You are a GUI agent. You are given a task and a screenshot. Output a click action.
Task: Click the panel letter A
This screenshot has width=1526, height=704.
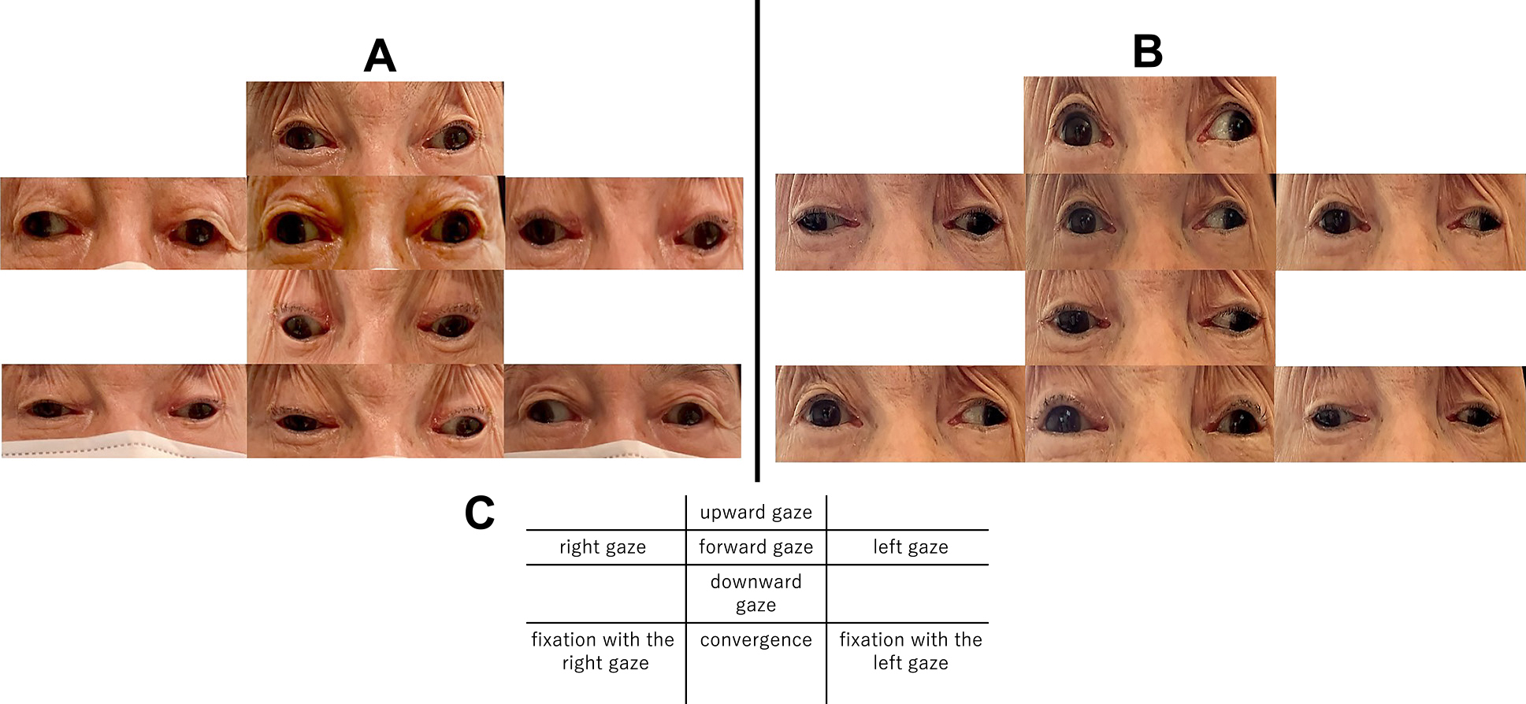pyautogui.click(x=380, y=56)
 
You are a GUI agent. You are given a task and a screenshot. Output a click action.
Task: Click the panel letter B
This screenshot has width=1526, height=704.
pyautogui.click(x=1147, y=51)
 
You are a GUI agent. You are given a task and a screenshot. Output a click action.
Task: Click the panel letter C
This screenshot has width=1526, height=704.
pyautogui.click(x=480, y=513)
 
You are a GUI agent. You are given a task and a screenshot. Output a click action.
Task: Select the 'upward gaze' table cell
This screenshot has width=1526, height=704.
pyautogui.click(x=756, y=513)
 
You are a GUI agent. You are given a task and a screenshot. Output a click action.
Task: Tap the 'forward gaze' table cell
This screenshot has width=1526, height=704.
pyautogui.click(x=756, y=547)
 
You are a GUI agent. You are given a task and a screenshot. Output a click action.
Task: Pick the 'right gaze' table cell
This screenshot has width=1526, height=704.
pyautogui.click(x=603, y=547)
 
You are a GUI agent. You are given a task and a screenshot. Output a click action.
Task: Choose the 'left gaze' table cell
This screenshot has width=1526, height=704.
pyautogui.click(x=910, y=547)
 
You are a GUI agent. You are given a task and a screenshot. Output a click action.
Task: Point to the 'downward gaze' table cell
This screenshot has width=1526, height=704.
pyautogui.click(x=756, y=593)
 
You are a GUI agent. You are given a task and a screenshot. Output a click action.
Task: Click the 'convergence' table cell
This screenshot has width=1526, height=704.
pyautogui.click(x=756, y=640)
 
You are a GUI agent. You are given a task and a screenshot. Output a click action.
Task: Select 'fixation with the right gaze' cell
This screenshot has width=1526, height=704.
pyautogui.click(x=603, y=651)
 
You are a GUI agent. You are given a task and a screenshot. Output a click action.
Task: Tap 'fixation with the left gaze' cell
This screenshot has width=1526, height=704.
pyautogui.click(x=910, y=651)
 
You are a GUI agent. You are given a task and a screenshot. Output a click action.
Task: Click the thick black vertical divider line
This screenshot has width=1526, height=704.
pyautogui.click(x=757, y=236)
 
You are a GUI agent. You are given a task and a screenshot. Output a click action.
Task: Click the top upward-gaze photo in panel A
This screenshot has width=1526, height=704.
pyautogui.click(x=375, y=128)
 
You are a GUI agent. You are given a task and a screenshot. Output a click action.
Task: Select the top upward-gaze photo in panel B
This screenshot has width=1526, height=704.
pyautogui.click(x=1149, y=124)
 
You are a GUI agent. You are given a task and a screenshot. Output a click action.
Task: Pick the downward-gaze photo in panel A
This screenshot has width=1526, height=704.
pyautogui.click(x=375, y=317)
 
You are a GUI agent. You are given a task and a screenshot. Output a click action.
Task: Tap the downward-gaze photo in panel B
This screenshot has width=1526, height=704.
pyautogui.click(x=1149, y=317)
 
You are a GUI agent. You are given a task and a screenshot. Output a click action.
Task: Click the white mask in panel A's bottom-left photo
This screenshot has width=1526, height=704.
pyautogui.click(x=118, y=445)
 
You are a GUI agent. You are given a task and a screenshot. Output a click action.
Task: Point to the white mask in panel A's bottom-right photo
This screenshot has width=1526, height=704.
pyautogui.click(x=622, y=450)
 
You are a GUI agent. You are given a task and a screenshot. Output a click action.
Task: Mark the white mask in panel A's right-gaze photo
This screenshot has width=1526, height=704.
pyautogui.click(x=126, y=265)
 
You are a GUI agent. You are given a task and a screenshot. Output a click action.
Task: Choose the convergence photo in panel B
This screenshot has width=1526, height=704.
pyautogui.click(x=1149, y=413)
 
